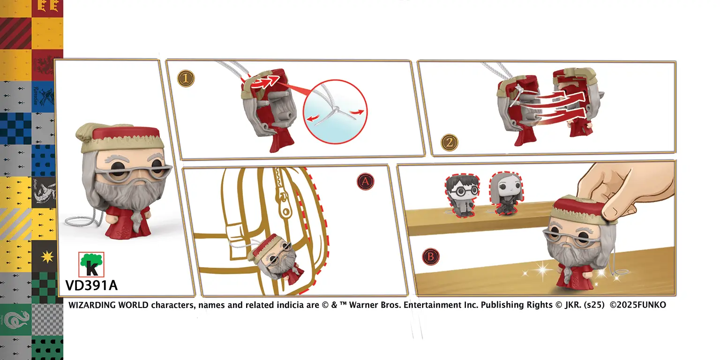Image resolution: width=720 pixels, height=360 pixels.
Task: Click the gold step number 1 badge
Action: coord(186,78)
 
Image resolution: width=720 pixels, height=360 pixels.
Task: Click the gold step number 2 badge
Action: coord(449,142)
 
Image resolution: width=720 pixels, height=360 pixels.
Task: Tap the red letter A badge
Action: coord(366,181)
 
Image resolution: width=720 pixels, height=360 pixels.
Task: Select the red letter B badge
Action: coord(430,256)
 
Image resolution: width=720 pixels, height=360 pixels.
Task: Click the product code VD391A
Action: coord(91,285)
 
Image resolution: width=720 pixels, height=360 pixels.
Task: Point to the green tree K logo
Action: coord(91,264)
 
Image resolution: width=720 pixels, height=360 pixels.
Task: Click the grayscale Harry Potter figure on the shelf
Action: coord(462,195)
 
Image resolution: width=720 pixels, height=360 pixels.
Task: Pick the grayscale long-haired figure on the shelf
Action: coord(506,193)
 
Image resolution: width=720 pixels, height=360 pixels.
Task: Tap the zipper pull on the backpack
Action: coord(285,206)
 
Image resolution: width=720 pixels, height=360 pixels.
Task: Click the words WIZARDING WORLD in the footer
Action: coord(108,305)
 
